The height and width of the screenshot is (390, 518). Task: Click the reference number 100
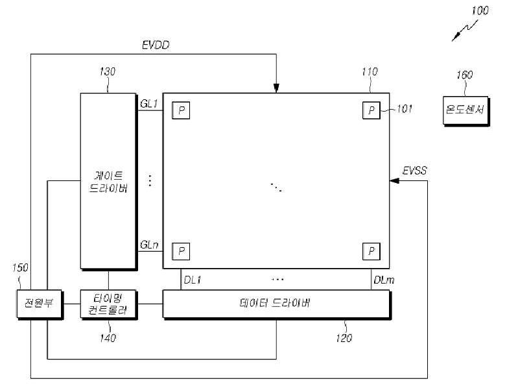pyautogui.click(x=481, y=10)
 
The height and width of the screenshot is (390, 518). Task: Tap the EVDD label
pyautogui.click(x=156, y=45)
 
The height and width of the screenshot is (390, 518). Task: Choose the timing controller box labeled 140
pyautogui.click(x=108, y=304)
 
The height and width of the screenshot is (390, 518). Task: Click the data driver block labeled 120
pyautogui.click(x=276, y=304)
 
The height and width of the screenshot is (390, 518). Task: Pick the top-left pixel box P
pyautogui.click(x=181, y=110)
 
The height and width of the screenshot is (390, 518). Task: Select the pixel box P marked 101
pyautogui.click(x=371, y=110)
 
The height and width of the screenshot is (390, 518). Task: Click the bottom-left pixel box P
pyautogui.click(x=181, y=250)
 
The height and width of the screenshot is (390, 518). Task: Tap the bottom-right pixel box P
pyautogui.click(x=371, y=250)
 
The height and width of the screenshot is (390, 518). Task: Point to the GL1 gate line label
pyautogui.click(x=149, y=103)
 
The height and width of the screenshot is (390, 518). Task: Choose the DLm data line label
pyautogui.click(x=382, y=279)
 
